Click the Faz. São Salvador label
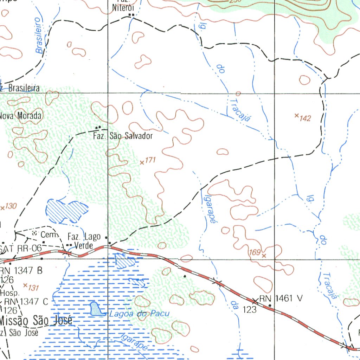click(x=123, y=136)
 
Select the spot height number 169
click(x=254, y=252)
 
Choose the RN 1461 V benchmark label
click(x=281, y=298)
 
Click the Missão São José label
click(x=36, y=321)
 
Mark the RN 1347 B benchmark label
click(x=21, y=271)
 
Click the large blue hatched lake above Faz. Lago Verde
click(x=67, y=211)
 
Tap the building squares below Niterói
click(x=131, y=15)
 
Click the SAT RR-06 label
click(x=21, y=249)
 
